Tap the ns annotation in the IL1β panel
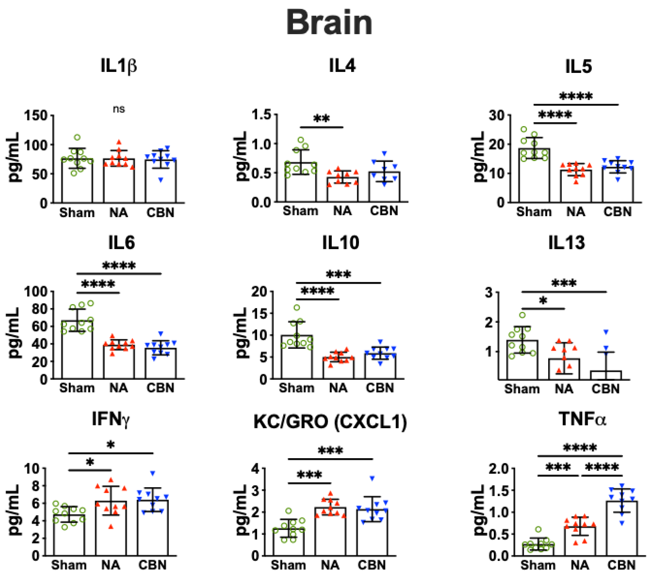[x=119, y=109]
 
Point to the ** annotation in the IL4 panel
[x=321, y=119]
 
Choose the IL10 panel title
[x=341, y=243]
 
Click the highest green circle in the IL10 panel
[x=297, y=307]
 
